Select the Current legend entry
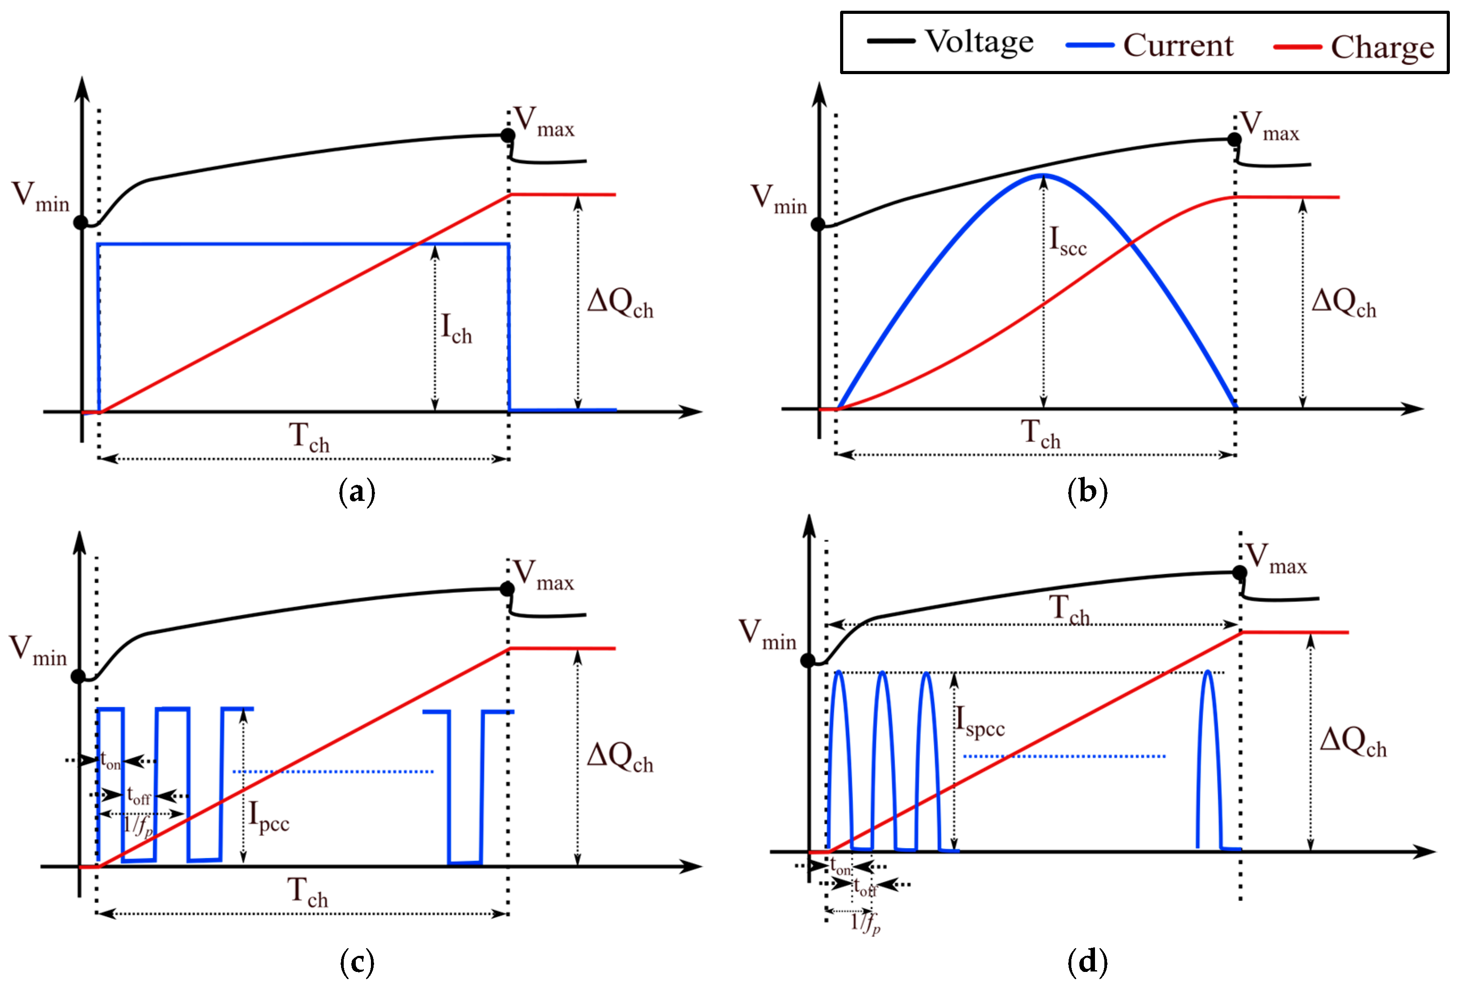click(x=1178, y=45)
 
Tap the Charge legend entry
click(x=1382, y=47)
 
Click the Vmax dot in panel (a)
click(x=508, y=135)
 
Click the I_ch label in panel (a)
click(x=456, y=329)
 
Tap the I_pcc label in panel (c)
click(x=268, y=817)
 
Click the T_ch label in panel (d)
click(x=1070, y=609)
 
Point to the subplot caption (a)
click(x=357, y=492)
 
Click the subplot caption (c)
click(x=357, y=962)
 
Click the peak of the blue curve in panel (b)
click(x=1043, y=175)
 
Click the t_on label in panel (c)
click(x=110, y=761)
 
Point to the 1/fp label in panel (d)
click(x=865, y=923)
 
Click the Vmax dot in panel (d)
click(x=1240, y=572)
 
